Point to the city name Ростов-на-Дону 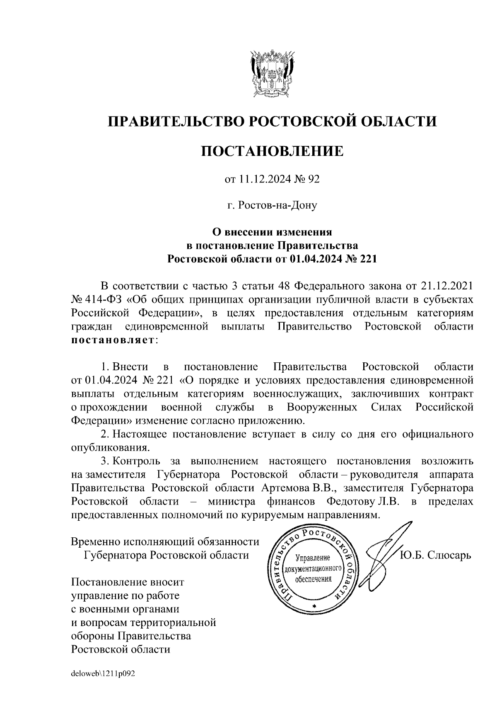click(276, 205)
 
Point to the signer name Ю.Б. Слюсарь click(435, 555)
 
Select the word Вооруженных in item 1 click(322, 407)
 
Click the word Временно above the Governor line click(94, 541)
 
